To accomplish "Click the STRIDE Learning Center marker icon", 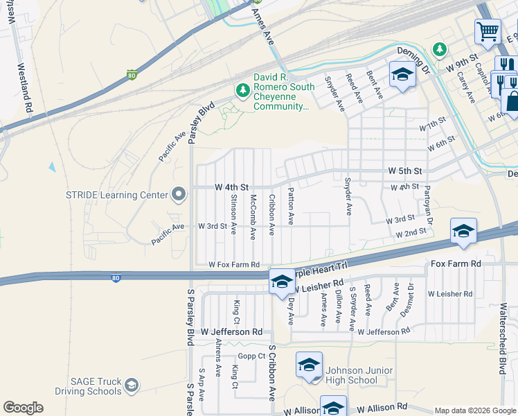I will coord(179,195).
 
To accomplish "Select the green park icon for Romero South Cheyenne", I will coord(242,90).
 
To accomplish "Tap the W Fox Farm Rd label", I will coord(234,265).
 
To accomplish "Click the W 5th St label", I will coord(404,170).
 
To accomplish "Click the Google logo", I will coord(23,408).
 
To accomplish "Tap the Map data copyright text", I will coord(475,410).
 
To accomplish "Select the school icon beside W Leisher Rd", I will coord(281,281).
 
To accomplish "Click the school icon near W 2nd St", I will coord(463,231).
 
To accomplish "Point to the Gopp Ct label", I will coord(252,356).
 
